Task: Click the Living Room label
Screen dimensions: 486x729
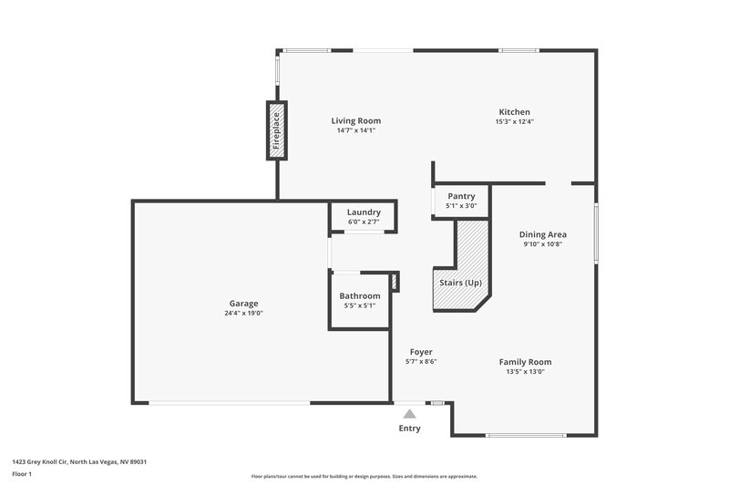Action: [x=355, y=120]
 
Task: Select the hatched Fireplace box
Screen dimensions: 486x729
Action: [x=276, y=129]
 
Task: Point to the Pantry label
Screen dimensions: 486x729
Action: [x=461, y=196]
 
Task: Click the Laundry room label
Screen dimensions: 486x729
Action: [x=364, y=212]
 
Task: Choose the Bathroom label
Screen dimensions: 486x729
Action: [x=359, y=296]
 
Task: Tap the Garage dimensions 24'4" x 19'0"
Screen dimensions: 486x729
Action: [x=243, y=313]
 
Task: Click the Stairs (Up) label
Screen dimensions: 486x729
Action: [x=461, y=283]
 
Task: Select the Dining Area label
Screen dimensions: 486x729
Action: [x=543, y=234]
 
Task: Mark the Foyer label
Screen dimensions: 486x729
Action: [x=421, y=352]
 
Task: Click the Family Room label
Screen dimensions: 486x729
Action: [x=525, y=362]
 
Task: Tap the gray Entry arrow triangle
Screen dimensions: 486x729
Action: [x=410, y=414]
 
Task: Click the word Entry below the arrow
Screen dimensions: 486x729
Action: [x=410, y=429]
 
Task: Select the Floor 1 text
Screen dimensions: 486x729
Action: [x=23, y=474]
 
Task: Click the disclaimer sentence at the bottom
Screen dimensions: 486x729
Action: [x=364, y=476]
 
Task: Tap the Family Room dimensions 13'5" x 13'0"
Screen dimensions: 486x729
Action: [x=525, y=371]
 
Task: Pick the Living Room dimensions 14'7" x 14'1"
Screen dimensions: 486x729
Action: [x=355, y=130]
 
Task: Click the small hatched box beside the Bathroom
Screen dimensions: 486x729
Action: [x=395, y=282]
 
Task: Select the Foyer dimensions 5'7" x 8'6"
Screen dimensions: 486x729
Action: [x=421, y=361]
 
